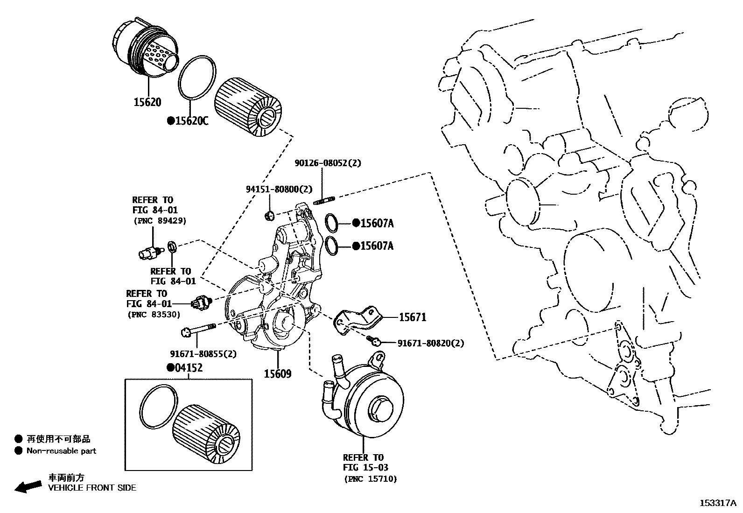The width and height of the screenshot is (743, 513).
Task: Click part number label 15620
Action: coord(147,102)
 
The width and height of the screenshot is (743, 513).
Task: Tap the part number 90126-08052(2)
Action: coord(328,163)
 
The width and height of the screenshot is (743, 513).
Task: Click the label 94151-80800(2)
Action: coord(279,189)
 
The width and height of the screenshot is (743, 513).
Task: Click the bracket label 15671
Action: coord(413,317)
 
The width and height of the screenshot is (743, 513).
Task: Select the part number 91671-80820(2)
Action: coord(430,344)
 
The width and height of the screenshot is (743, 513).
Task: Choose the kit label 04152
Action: coord(189,368)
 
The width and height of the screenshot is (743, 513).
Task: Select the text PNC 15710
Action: coord(371,478)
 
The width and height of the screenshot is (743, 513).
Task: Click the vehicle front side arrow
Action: coord(28,486)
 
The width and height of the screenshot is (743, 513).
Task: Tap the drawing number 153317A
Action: coord(717,503)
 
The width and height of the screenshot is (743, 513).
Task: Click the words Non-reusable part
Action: coord(61,451)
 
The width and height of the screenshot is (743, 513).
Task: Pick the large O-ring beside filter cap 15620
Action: coord(197,78)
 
